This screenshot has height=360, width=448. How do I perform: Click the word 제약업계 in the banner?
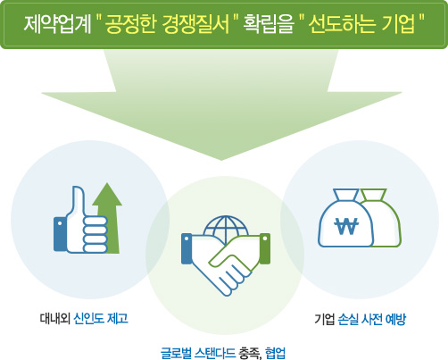pyautogui.click(x=57, y=24)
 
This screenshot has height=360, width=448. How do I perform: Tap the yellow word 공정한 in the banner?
pyautogui.click(x=130, y=24)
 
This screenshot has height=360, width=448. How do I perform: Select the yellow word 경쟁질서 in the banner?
pyautogui.click(x=196, y=24)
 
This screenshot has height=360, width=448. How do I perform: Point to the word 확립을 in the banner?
pyautogui.click(x=269, y=24)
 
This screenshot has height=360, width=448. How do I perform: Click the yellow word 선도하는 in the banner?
pyautogui.click(x=341, y=24)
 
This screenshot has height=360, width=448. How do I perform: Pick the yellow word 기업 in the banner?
pyautogui.click(x=399, y=24)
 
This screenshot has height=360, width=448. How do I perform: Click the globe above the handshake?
pyautogui.click(x=226, y=228)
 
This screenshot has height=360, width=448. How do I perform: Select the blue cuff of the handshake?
pyautogui.click(x=187, y=248)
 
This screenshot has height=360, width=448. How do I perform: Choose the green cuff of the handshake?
pyautogui.click(x=265, y=248)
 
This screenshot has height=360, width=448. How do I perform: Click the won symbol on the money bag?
pyautogui.click(x=346, y=226)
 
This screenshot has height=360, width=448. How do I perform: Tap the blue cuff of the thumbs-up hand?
pyautogui.click(x=60, y=234)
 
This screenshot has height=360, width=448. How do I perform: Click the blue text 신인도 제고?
pyautogui.click(x=101, y=318)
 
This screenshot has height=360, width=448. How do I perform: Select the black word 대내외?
pyautogui.click(x=55, y=318)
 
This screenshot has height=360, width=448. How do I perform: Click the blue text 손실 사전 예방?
pyautogui.click(x=372, y=319)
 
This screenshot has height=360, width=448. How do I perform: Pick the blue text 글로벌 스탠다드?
pyautogui.click(x=198, y=353)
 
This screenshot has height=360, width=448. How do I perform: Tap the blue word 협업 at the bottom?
pyautogui.click(x=275, y=353)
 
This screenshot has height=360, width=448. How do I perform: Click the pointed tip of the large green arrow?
pyautogui.click(x=221, y=160)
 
